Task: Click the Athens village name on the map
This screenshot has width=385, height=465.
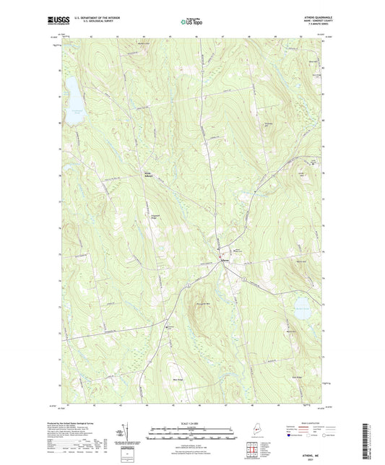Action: pyautogui.click(x=225, y=259)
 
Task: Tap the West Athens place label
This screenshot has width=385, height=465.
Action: pyautogui.click(x=146, y=175)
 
